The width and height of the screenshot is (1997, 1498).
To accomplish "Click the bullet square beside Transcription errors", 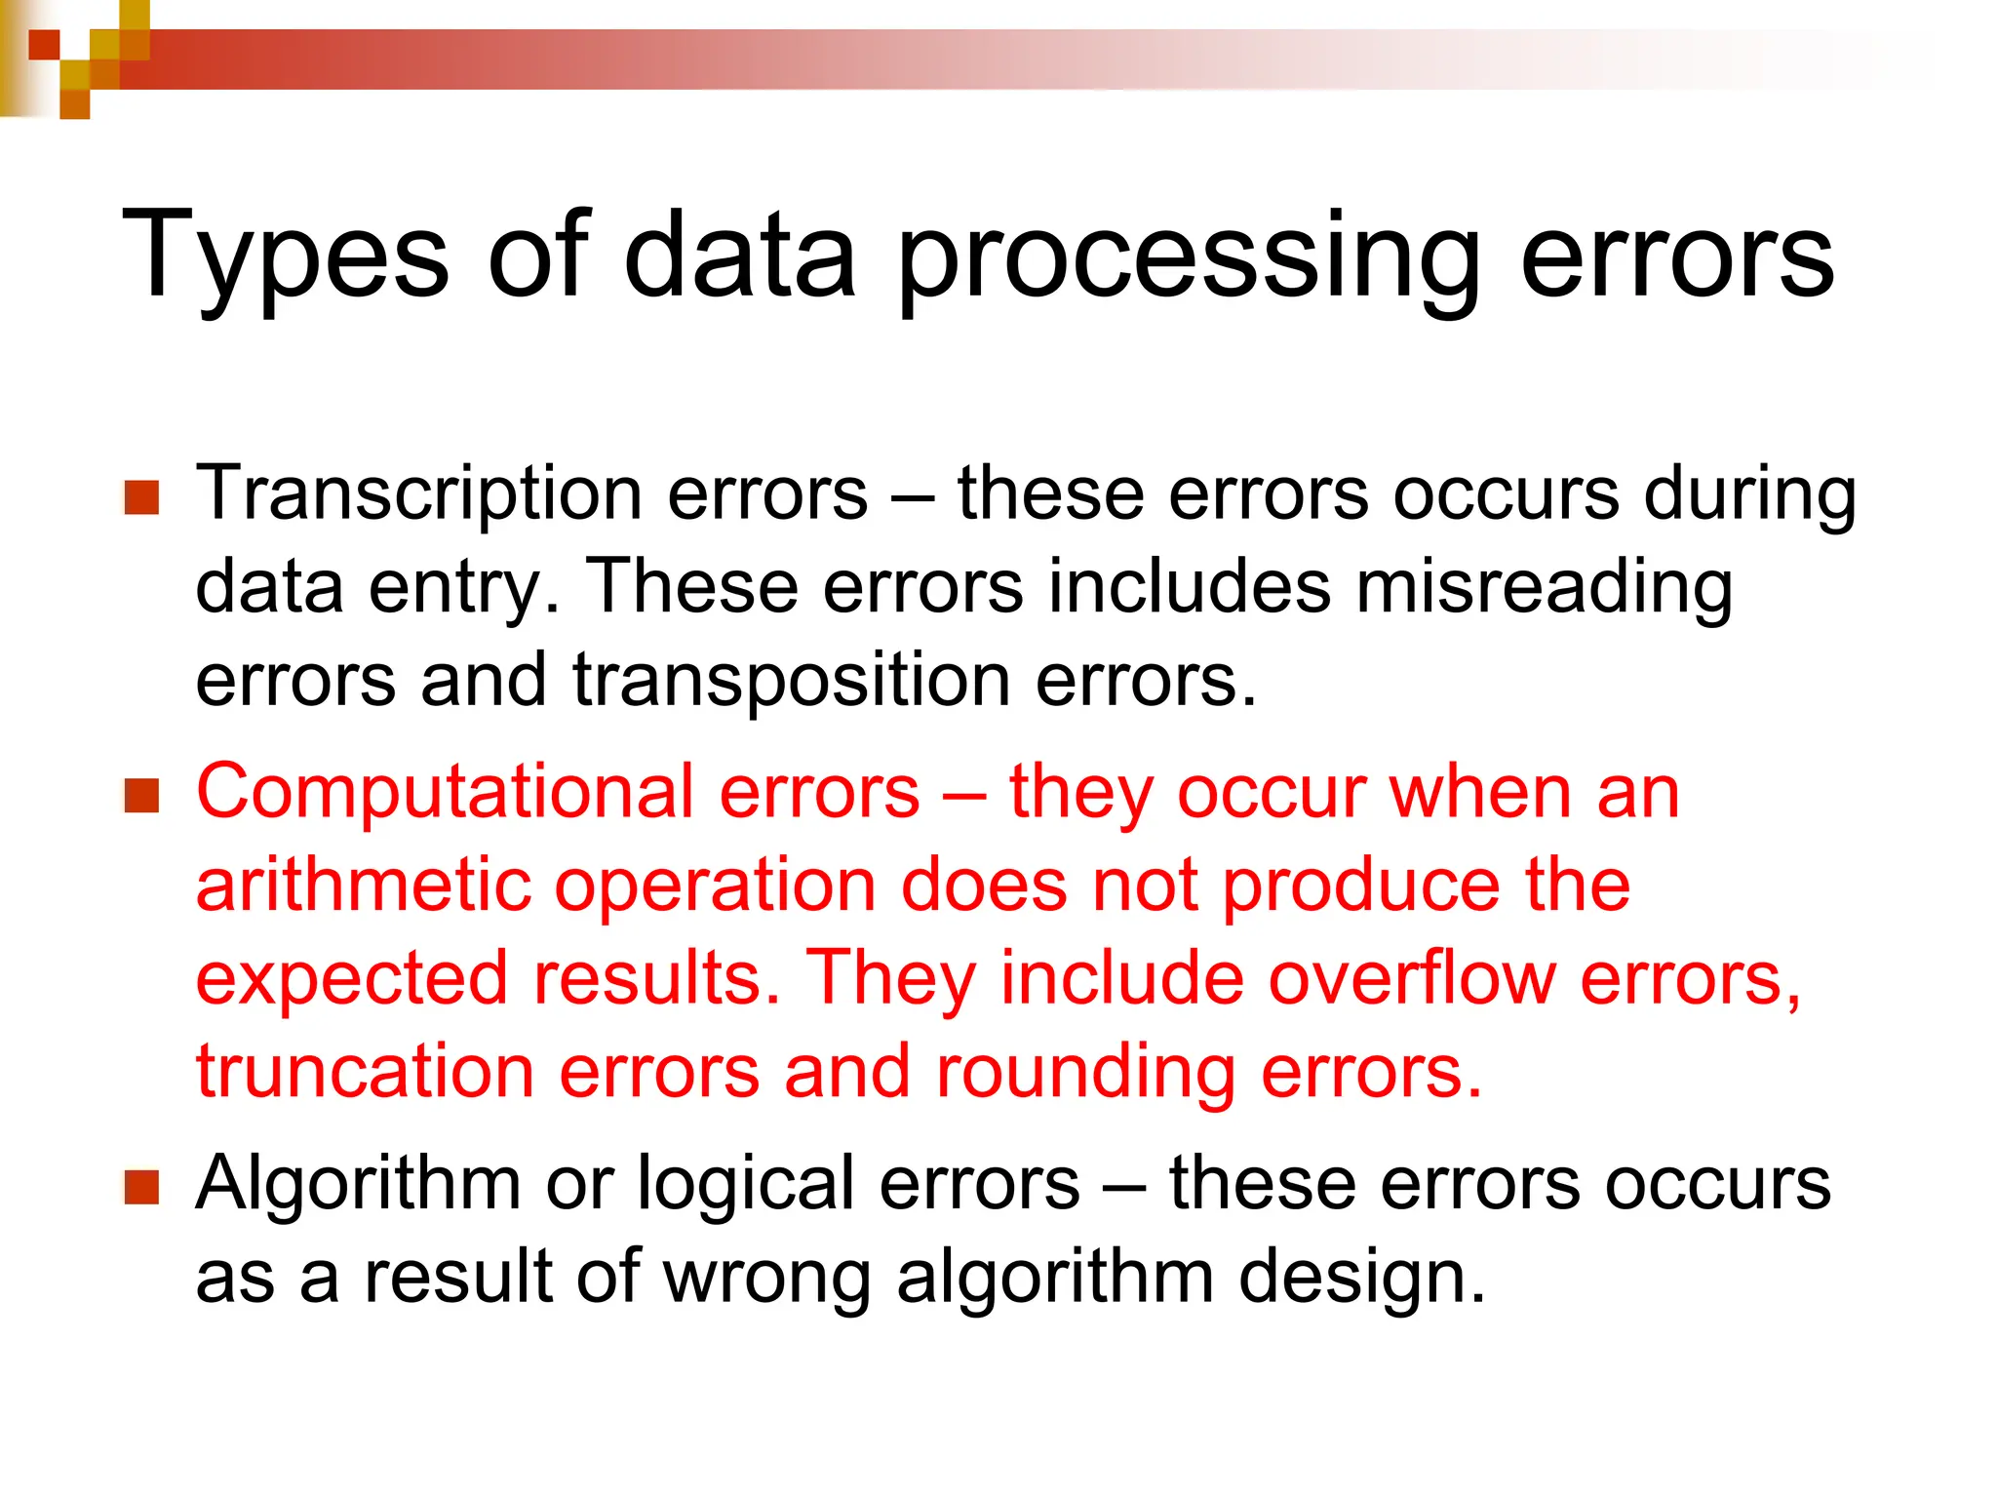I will click(142, 497).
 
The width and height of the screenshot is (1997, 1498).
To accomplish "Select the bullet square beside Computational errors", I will click(142, 796).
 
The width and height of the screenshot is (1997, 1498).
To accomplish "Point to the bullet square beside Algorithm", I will click(142, 1187).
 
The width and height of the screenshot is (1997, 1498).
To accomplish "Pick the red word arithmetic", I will click(363, 886).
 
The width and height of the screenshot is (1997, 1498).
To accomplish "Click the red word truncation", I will click(365, 1072).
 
